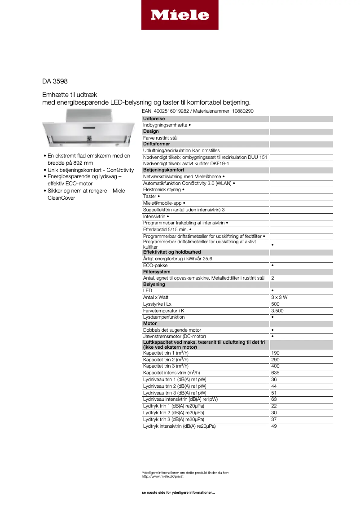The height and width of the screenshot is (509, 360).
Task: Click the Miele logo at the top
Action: click(180, 15)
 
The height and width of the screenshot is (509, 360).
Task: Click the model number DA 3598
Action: click(55, 81)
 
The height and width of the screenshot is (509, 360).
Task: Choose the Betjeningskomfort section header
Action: click(163, 170)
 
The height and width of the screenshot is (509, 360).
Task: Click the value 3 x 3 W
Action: click(279, 297)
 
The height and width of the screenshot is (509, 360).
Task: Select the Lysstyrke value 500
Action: click(275, 304)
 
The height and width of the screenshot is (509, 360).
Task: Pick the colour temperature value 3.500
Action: click(277, 311)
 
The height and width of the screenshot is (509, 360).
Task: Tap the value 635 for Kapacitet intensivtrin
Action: click(275, 373)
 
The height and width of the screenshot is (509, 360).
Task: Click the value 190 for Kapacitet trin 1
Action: click(275, 353)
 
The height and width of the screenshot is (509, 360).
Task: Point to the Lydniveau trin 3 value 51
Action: click(274, 392)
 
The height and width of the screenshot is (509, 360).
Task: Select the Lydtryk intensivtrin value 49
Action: click(274, 426)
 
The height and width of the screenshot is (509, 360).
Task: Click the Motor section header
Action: click(149, 323)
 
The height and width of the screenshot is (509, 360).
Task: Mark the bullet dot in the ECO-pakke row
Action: click(273, 265)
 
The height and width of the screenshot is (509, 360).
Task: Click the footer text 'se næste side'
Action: click(178, 493)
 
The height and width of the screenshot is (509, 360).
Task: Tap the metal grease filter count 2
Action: click(272, 278)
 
